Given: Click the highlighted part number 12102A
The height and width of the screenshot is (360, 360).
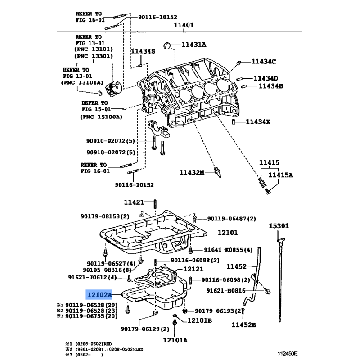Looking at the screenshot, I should point(99,295).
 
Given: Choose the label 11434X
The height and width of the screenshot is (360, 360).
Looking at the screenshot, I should point(258,121).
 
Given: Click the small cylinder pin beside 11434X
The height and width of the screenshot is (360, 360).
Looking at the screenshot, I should point(234,121).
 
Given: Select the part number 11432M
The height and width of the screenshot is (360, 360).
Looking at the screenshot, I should point(192,172).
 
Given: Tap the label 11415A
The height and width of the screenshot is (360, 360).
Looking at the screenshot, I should point(281,175).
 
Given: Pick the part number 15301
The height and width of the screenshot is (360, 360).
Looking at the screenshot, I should point(279,225).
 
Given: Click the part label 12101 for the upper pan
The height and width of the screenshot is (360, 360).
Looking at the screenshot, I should point(228,233).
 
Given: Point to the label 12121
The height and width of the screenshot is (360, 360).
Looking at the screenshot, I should point(194,269).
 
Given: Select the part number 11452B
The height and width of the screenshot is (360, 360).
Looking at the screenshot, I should point(243,324).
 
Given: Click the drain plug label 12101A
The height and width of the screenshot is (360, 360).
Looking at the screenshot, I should point(175,340).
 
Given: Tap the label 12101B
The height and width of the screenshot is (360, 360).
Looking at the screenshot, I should point(200,320).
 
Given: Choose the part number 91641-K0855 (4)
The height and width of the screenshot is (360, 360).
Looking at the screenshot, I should point(228,250).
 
